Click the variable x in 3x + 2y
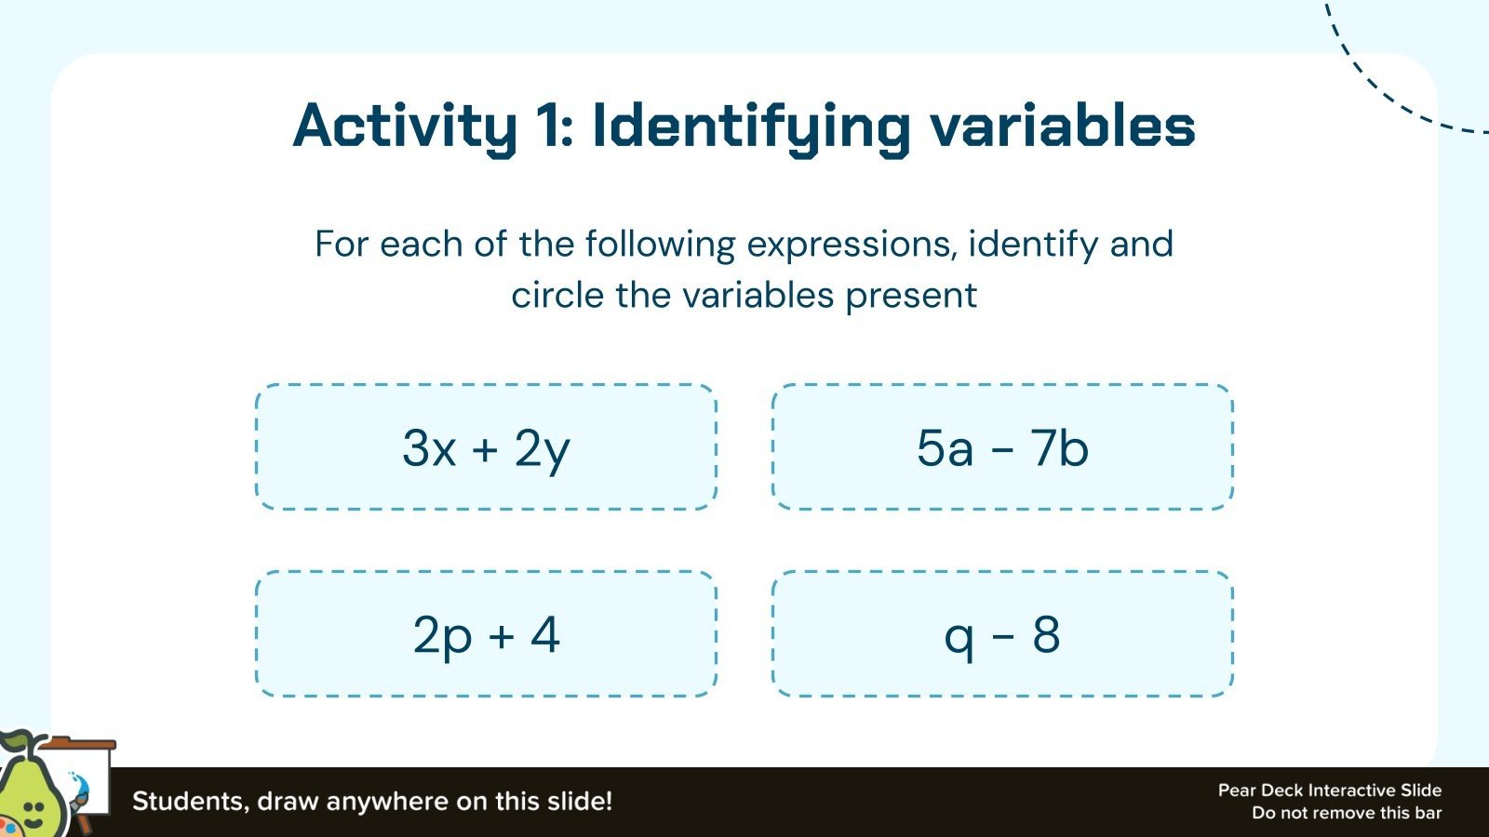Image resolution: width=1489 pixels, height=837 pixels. click(443, 449)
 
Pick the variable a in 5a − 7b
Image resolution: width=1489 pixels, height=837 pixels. click(959, 449)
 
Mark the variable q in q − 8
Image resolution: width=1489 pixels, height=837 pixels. click(959, 639)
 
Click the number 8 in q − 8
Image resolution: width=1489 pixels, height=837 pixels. click(1046, 635)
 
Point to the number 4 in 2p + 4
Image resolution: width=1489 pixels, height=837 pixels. click(545, 635)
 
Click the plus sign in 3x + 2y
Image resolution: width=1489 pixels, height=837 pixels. click(485, 450)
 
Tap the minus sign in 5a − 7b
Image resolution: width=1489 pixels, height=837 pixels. click(1002, 450)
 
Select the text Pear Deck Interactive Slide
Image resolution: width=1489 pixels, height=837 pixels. click(1329, 790)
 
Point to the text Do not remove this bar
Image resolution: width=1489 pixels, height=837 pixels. click(1346, 813)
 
